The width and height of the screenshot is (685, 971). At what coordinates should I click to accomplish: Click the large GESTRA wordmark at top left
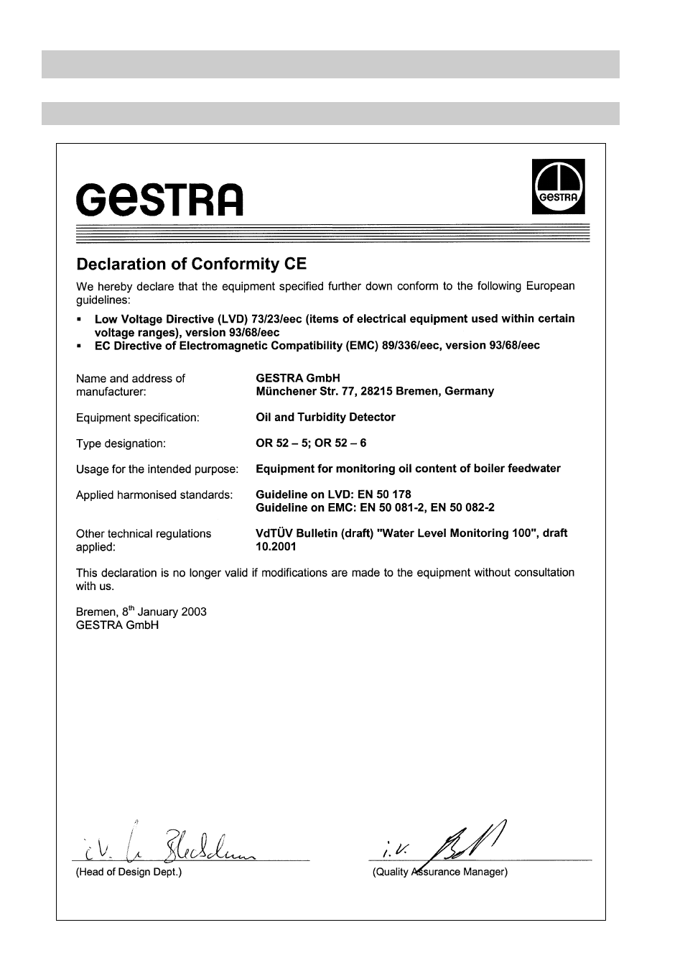pos(159,200)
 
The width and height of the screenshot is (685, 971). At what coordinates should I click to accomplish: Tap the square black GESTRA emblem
pos(558,187)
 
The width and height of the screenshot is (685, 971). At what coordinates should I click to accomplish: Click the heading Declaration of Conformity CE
pos(191,264)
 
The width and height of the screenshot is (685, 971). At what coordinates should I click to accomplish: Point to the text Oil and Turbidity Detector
pos(325,417)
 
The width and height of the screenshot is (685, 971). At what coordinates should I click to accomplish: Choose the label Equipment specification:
pos(138,418)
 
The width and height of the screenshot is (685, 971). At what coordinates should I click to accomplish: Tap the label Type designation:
pos(121,443)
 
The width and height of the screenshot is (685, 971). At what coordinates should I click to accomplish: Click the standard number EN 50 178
pos(386,494)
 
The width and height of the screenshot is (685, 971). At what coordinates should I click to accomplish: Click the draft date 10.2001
pos(276,546)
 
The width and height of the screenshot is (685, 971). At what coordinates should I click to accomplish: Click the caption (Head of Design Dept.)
pos(129,872)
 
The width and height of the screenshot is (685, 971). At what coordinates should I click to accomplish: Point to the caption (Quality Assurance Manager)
pos(439,872)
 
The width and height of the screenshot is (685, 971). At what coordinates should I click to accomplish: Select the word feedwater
pos(532,469)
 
